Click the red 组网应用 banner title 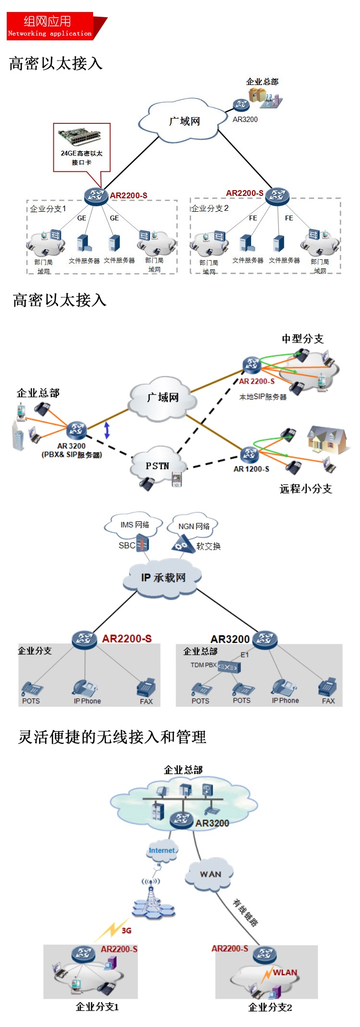click(x=48, y=21)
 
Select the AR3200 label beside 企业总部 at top click(x=245, y=120)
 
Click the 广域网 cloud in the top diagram click(x=184, y=121)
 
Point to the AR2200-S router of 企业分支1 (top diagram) click(x=96, y=195)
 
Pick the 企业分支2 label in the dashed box click(x=210, y=208)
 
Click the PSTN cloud click(x=156, y=466)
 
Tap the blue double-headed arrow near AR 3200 click(x=107, y=430)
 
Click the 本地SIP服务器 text click(x=263, y=397)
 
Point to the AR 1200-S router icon click(x=250, y=454)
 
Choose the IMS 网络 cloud click(x=134, y=524)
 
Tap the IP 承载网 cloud click(x=163, y=578)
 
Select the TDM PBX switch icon click(x=229, y=667)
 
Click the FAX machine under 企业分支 click(x=146, y=688)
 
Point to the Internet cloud click(x=162, y=850)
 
